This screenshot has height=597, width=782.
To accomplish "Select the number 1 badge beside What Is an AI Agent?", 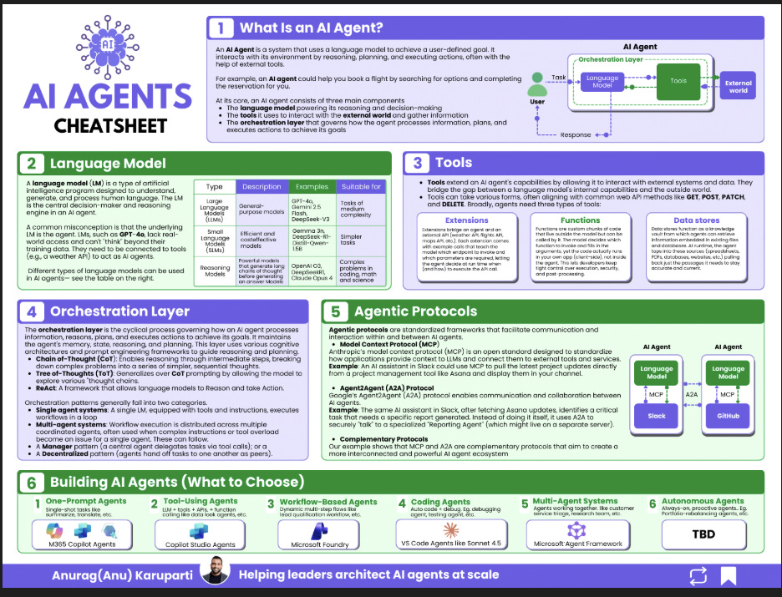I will coord(221,28).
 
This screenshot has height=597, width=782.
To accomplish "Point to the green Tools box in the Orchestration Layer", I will coord(678,81).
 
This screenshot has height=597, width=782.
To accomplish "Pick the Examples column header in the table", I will coord(311,186).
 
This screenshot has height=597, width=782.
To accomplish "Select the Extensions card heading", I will coord(467,220).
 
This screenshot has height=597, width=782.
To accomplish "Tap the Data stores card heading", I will coord(698,220).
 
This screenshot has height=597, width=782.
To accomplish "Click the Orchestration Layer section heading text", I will coord(119,311).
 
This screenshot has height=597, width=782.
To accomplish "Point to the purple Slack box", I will coord(657,415).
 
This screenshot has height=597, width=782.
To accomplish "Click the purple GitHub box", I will coord(729,415).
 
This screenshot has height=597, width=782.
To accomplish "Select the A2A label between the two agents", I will coord(692,392).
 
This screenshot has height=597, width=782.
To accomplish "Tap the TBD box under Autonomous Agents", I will coord(703,533).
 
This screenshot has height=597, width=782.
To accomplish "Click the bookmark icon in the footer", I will coord(728,574).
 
